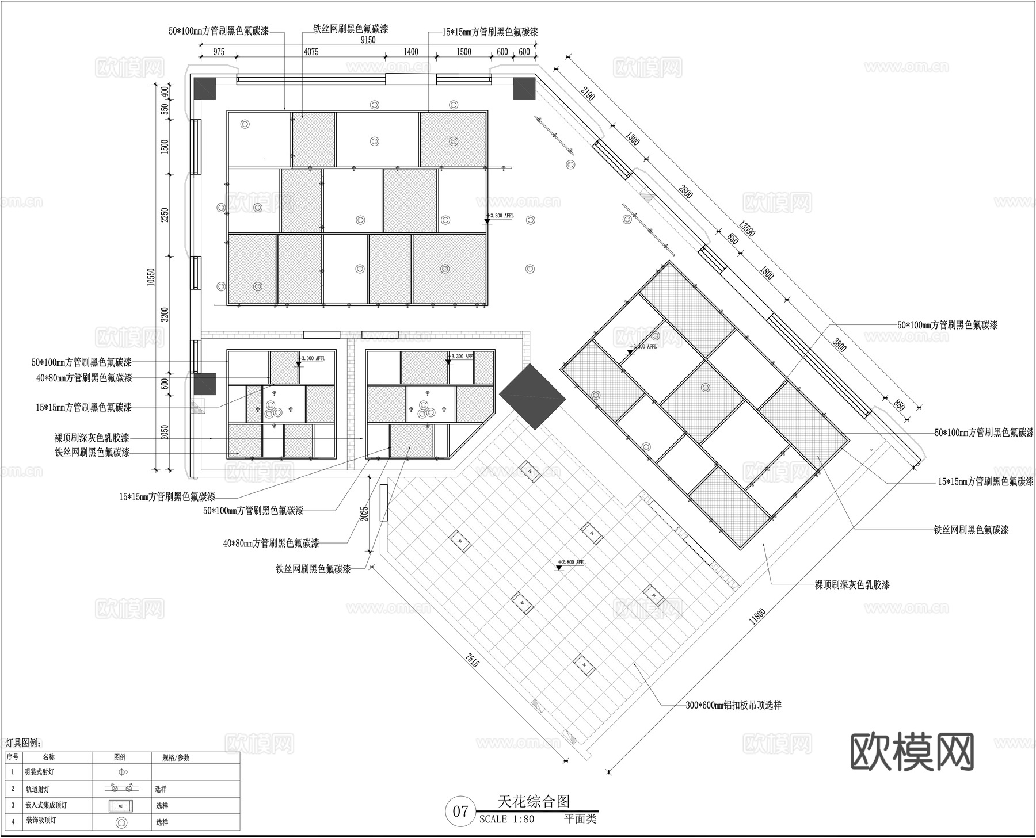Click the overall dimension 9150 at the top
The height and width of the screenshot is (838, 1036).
pos(368,40)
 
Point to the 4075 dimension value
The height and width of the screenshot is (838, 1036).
pos(311,52)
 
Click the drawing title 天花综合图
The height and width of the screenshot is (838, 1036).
pos(534,801)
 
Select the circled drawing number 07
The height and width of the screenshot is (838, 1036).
pos(460,812)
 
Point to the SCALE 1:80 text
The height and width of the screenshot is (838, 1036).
pos(506,820)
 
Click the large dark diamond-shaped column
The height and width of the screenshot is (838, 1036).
pos(532,396)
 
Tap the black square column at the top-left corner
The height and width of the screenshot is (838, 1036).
pos(204,88)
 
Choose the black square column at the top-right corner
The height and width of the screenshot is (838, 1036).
pos(524,88)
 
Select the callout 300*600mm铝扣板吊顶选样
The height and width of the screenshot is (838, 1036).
pos(733,705)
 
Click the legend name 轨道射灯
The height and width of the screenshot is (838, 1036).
pos(41,789)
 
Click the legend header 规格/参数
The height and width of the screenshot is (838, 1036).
pos(176,757)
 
